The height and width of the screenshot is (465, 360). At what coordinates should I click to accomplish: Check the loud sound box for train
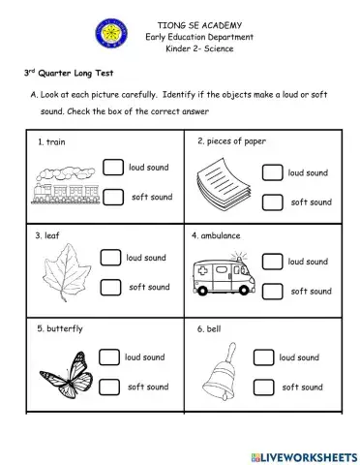(113, 168)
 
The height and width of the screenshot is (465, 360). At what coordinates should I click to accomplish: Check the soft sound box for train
(113, 198)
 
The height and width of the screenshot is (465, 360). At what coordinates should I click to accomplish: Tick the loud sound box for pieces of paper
(272, 172)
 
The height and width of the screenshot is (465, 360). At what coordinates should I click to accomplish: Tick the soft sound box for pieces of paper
(272, 201)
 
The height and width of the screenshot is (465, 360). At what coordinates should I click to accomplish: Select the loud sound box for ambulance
(273, 261)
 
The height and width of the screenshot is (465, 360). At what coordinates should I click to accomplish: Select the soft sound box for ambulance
(273, 290)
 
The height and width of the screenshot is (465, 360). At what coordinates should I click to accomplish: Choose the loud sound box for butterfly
(108, 358)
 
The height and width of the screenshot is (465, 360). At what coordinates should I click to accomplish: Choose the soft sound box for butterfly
(108, 387)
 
